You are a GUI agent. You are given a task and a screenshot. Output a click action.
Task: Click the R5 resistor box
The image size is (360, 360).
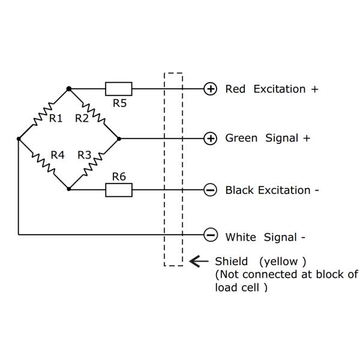[x=119, y=89]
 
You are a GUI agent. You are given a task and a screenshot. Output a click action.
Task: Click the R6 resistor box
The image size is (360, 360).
[x=119, y=190]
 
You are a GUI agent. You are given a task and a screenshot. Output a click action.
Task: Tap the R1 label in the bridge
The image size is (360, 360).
[x=56, y=118]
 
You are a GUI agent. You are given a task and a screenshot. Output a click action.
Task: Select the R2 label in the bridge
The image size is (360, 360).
[x=82, y=118]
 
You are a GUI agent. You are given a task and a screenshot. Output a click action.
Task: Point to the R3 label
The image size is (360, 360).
[x=85, y=155]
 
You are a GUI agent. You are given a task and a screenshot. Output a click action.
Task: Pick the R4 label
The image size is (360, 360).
[x=57, y=155]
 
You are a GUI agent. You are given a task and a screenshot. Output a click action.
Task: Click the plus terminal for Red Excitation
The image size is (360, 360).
[x=211, y=89]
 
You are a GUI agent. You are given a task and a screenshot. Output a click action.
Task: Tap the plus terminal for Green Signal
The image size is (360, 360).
[x=211, y=139]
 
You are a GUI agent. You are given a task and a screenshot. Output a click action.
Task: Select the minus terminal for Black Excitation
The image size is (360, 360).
[x=211, y=190]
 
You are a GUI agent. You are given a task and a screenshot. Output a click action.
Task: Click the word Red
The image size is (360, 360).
[x=235, y=89]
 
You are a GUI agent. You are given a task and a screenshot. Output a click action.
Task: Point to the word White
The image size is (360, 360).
[x=241, y=237]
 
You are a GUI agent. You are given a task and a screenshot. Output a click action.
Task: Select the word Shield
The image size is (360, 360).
[x=230, y=262]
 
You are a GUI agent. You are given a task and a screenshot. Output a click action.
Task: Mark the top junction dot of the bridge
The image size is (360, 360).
[x=69, y=89]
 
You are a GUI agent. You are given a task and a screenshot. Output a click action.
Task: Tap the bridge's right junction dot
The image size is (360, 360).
[x=119, y=139]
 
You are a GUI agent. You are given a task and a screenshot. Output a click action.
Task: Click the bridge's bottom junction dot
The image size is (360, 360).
[x=69, y=189]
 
